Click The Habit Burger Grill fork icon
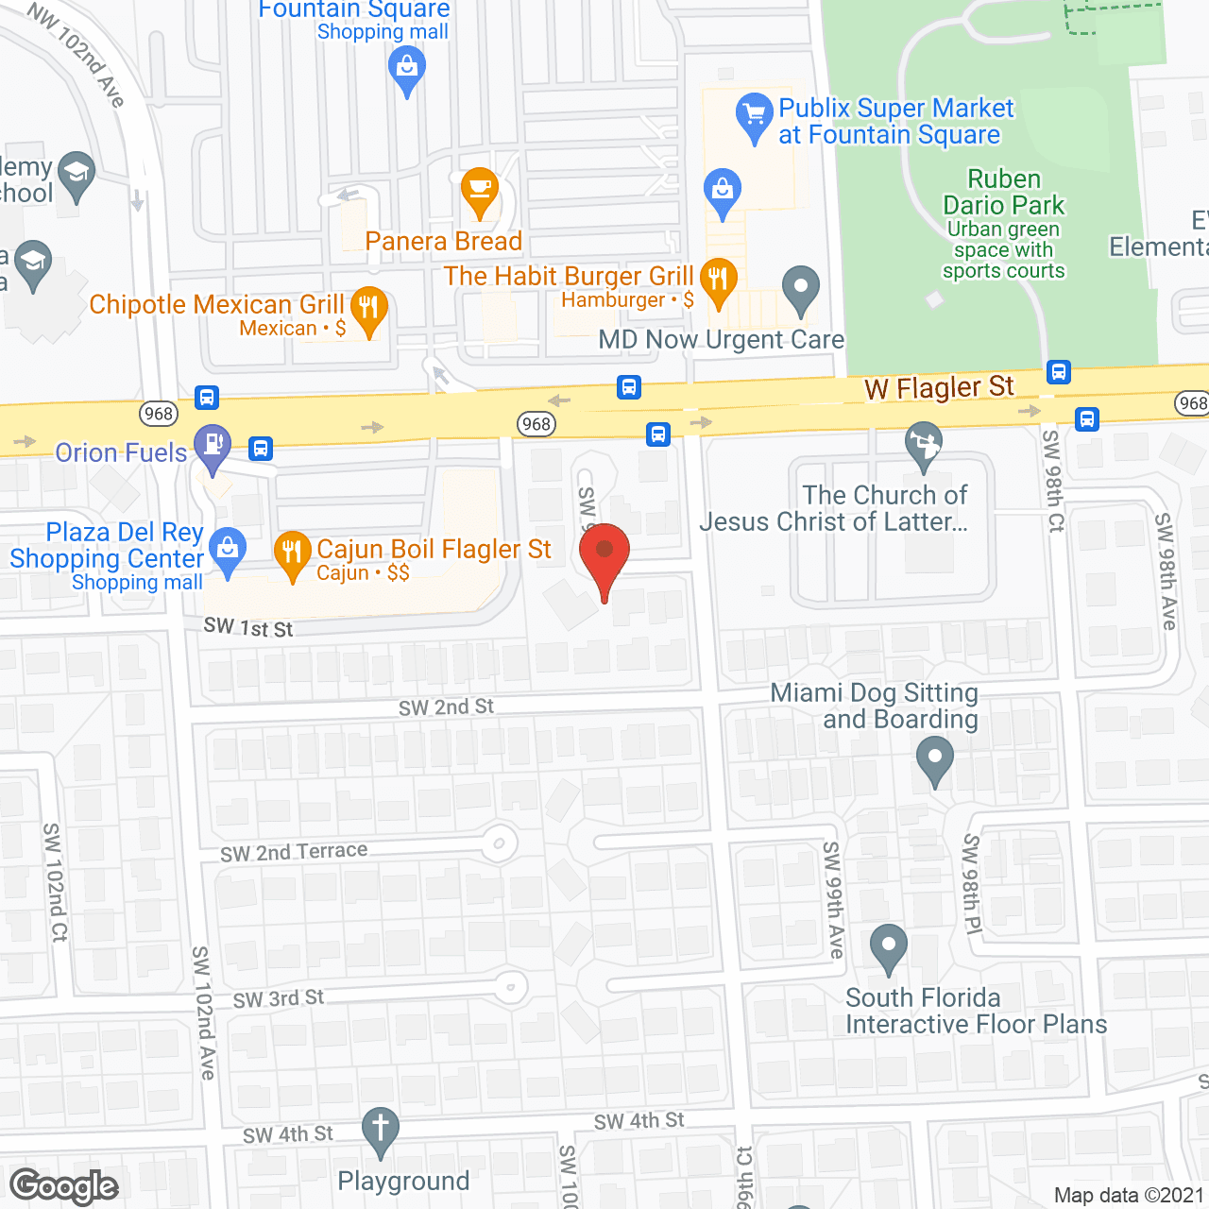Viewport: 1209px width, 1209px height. click(719, 280)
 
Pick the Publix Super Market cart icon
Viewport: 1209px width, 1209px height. click(754, 116)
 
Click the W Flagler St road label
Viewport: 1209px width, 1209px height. click(939, 387)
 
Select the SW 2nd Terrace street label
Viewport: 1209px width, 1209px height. click(294, 852)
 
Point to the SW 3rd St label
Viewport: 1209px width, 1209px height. click(278, 998)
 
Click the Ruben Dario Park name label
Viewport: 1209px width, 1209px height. click(1004, 192)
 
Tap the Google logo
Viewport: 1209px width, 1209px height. click(64, 1186)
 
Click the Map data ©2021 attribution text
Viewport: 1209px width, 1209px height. click(1129, 1196)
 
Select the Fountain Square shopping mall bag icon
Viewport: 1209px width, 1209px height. click(407, 68)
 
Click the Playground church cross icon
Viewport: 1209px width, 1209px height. click(381, 1129)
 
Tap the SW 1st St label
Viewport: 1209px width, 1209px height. click(248, 627)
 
